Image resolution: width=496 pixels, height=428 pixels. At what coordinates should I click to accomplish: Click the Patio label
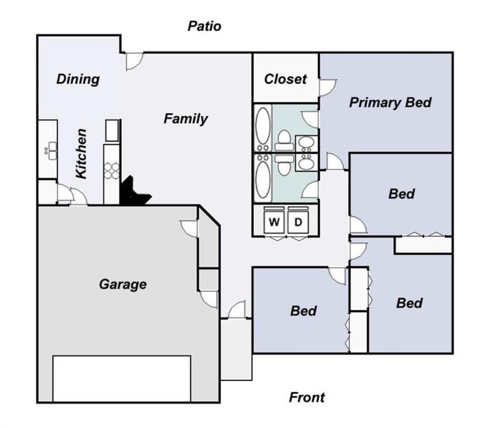click(x=204, y=26)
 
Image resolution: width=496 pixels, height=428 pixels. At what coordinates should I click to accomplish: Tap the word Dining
click(x=78, y=79)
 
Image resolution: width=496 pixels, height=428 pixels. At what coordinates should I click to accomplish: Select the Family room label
click(x=186, y=119)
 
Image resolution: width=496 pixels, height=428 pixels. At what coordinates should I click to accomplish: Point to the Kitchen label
click(x=81, y=153)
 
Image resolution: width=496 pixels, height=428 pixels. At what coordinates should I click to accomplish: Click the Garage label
click(x=123, y=284)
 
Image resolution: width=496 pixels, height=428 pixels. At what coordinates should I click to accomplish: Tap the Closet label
click(x=285, y=79)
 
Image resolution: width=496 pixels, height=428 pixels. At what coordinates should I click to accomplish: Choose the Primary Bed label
click(x=390, y=103)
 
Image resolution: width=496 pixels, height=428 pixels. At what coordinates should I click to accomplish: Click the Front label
click(x=307, y=397)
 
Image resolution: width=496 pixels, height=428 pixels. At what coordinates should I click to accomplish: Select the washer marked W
click(x=274, y=221)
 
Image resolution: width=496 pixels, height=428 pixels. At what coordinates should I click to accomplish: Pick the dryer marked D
click(x=298, y=221)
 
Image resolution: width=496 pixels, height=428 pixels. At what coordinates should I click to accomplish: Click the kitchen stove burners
click(x=112, y=171)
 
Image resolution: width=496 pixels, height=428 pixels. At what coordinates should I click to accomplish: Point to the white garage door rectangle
click(x=122, y=379)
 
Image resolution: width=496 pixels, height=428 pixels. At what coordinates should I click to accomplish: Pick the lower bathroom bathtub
click(x=263, y=178)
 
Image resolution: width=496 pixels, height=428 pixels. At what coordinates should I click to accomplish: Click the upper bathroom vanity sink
click(x=306, y=144)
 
